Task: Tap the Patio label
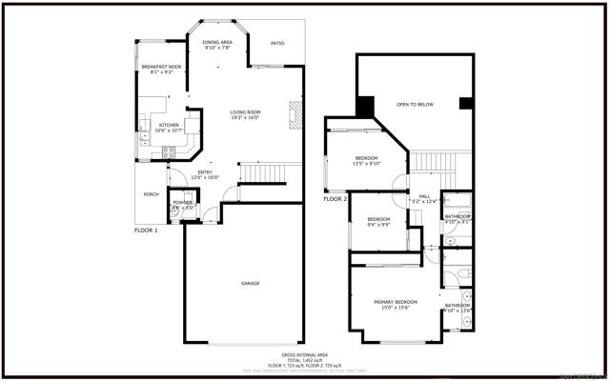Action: point(277,43)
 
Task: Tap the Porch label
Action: point(151,195)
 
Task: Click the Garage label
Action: point(250,283)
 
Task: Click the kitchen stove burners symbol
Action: point(169,150)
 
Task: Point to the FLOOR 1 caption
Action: point(146,231)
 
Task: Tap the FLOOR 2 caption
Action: point(334,199)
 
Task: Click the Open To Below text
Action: point(415,104)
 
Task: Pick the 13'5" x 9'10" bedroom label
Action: point(367,160)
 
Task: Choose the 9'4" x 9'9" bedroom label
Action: point(378,221)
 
